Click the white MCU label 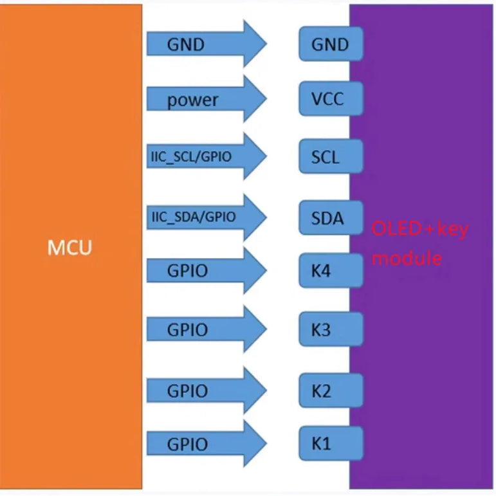(70, 248)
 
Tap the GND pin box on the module (331, 44)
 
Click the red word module (407, 259)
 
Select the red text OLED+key (419, 229)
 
